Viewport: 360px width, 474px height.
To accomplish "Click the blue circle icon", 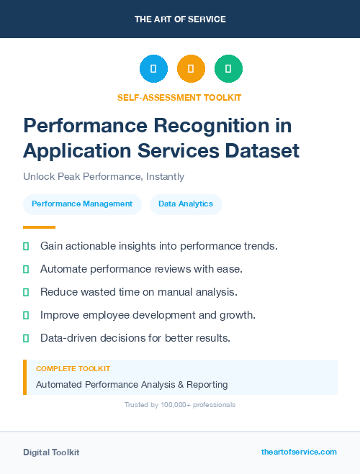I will coord(153,69).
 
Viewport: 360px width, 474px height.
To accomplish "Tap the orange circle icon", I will coord(191,69).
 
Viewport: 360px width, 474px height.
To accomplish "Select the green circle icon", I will coord(228,69).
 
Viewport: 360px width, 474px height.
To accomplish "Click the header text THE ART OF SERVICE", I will coord(180,19).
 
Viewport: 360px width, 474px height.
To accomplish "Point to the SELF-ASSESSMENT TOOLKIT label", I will coord(179,97).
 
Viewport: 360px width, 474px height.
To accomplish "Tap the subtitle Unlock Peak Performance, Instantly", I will coord(104,176).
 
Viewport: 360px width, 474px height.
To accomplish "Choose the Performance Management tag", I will coord(82,204).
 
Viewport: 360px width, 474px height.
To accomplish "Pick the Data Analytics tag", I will coord(186,204).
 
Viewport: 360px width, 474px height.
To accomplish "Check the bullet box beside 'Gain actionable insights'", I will coord(26,246).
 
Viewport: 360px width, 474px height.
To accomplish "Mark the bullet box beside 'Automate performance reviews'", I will coord(26,269).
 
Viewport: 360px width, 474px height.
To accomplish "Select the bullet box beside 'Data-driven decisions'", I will coord(26,338).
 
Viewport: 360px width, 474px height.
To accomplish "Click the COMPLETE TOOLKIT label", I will coord(73,368).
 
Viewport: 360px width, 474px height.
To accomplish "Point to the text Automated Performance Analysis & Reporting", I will coord(132,385).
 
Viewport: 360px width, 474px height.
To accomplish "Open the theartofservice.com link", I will coord(299,452).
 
